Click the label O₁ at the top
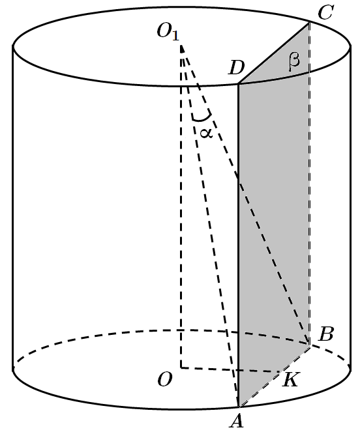[x=168, y=31]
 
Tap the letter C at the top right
[x=326, y=12]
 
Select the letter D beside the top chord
[x=237, y=68]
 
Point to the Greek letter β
[x=294, y=61]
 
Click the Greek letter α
[x=206, y=133]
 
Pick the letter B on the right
[x=326, y=335]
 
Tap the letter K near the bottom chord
[x=290, y=380]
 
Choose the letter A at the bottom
[x=237, y=421]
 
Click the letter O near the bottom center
[x=165, y=380]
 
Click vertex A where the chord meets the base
[x=238, y=407]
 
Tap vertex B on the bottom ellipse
[x=310, y=345]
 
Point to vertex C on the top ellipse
[x=309, y=23]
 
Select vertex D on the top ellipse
[x=238, y=83]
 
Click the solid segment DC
[x=274, y=53]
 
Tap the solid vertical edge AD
[x=238, y=245]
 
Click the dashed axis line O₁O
[x=181, y=207]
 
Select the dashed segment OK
[x=230, y=369]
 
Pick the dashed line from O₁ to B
[x=245, y=195]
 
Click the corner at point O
[x=181, y=367]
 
